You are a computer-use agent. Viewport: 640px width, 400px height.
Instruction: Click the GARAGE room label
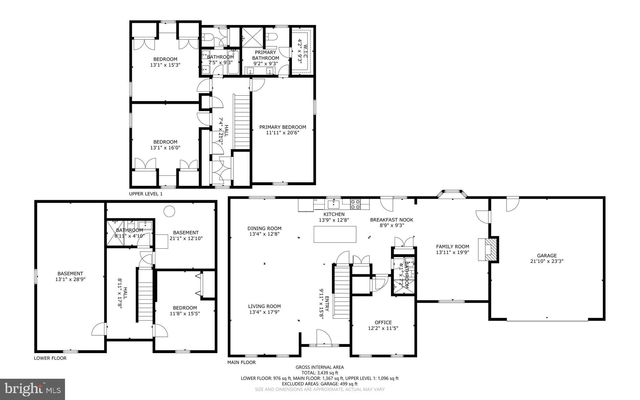(x=547, y=256)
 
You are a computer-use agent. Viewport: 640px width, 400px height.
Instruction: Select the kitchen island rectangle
(x=335, y=234)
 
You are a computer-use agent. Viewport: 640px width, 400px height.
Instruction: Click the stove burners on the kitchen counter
(x=355, y=204)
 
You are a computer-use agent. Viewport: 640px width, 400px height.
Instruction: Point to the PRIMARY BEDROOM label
(x=282, y=127)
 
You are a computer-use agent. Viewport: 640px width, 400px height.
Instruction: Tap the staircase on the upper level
(x=242, y=122)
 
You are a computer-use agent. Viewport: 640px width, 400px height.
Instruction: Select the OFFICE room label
(x=383, y=322)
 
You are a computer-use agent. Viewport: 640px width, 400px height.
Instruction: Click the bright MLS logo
(x=32, y=389)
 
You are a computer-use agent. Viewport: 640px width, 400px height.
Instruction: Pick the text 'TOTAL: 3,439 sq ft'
(x=320, y=373)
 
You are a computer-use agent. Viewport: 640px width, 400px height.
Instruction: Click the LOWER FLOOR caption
(x=50, y=358)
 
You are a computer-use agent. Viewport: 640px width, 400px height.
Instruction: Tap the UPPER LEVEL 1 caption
(x=146, y=194)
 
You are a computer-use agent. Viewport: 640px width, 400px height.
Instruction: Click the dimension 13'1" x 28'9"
(x=70, y=279)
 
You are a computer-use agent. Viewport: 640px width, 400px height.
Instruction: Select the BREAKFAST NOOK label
(x=392, y=220)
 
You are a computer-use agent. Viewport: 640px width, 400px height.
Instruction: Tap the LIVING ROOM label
(x=264, y=306)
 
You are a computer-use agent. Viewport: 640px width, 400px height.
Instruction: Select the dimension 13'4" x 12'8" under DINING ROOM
(x=264, y=234)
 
